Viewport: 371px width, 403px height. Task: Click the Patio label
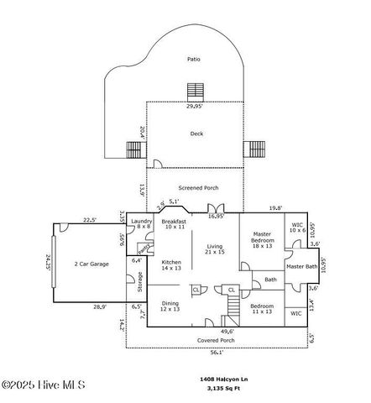coord(194,60)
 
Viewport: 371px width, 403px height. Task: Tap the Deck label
coord(196,133)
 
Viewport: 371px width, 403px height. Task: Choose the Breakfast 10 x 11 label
coord(173,224)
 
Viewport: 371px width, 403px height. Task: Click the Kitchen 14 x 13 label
coord(171,264)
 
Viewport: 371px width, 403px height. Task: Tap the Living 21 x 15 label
coord(214,249)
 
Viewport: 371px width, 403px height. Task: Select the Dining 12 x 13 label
coord(170,306)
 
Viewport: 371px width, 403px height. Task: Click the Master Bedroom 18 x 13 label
coord(264,240)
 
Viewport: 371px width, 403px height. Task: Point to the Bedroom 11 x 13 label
coord(262,309)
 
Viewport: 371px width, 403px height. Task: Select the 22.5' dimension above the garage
coord(89,220)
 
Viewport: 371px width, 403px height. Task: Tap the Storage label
coord(138,286)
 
